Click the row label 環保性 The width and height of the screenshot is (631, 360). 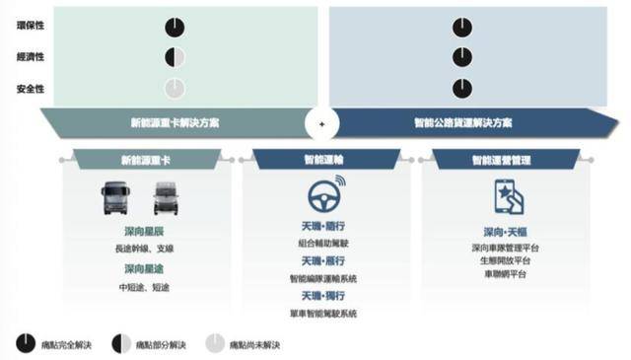pos(29,27)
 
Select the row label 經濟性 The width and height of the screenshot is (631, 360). pos(29,57)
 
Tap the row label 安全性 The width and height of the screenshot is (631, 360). pos(29,89)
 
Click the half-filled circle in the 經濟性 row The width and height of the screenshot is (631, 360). pos(175,57)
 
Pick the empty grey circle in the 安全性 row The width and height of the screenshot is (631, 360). pos(175,89)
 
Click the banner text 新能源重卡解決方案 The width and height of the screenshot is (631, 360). pos(175,124)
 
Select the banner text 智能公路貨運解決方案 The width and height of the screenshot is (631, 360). pos(462,124)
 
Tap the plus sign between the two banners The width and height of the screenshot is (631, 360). pos(321,124)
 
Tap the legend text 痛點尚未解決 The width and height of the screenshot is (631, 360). pos(255,344)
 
